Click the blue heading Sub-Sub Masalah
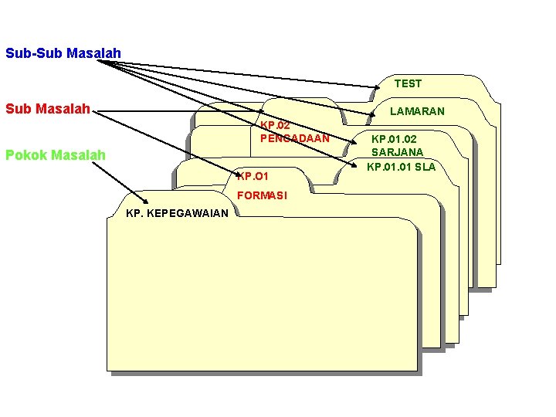point(63,53)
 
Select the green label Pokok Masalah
point(55,155)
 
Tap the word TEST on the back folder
point(408,83)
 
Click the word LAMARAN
point(417,111)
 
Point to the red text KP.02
point(275,125)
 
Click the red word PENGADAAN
point(294,138)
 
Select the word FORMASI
point(262,195)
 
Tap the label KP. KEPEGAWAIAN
point(177,212)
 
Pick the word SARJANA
point(397,153)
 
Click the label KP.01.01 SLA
point(401,166)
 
